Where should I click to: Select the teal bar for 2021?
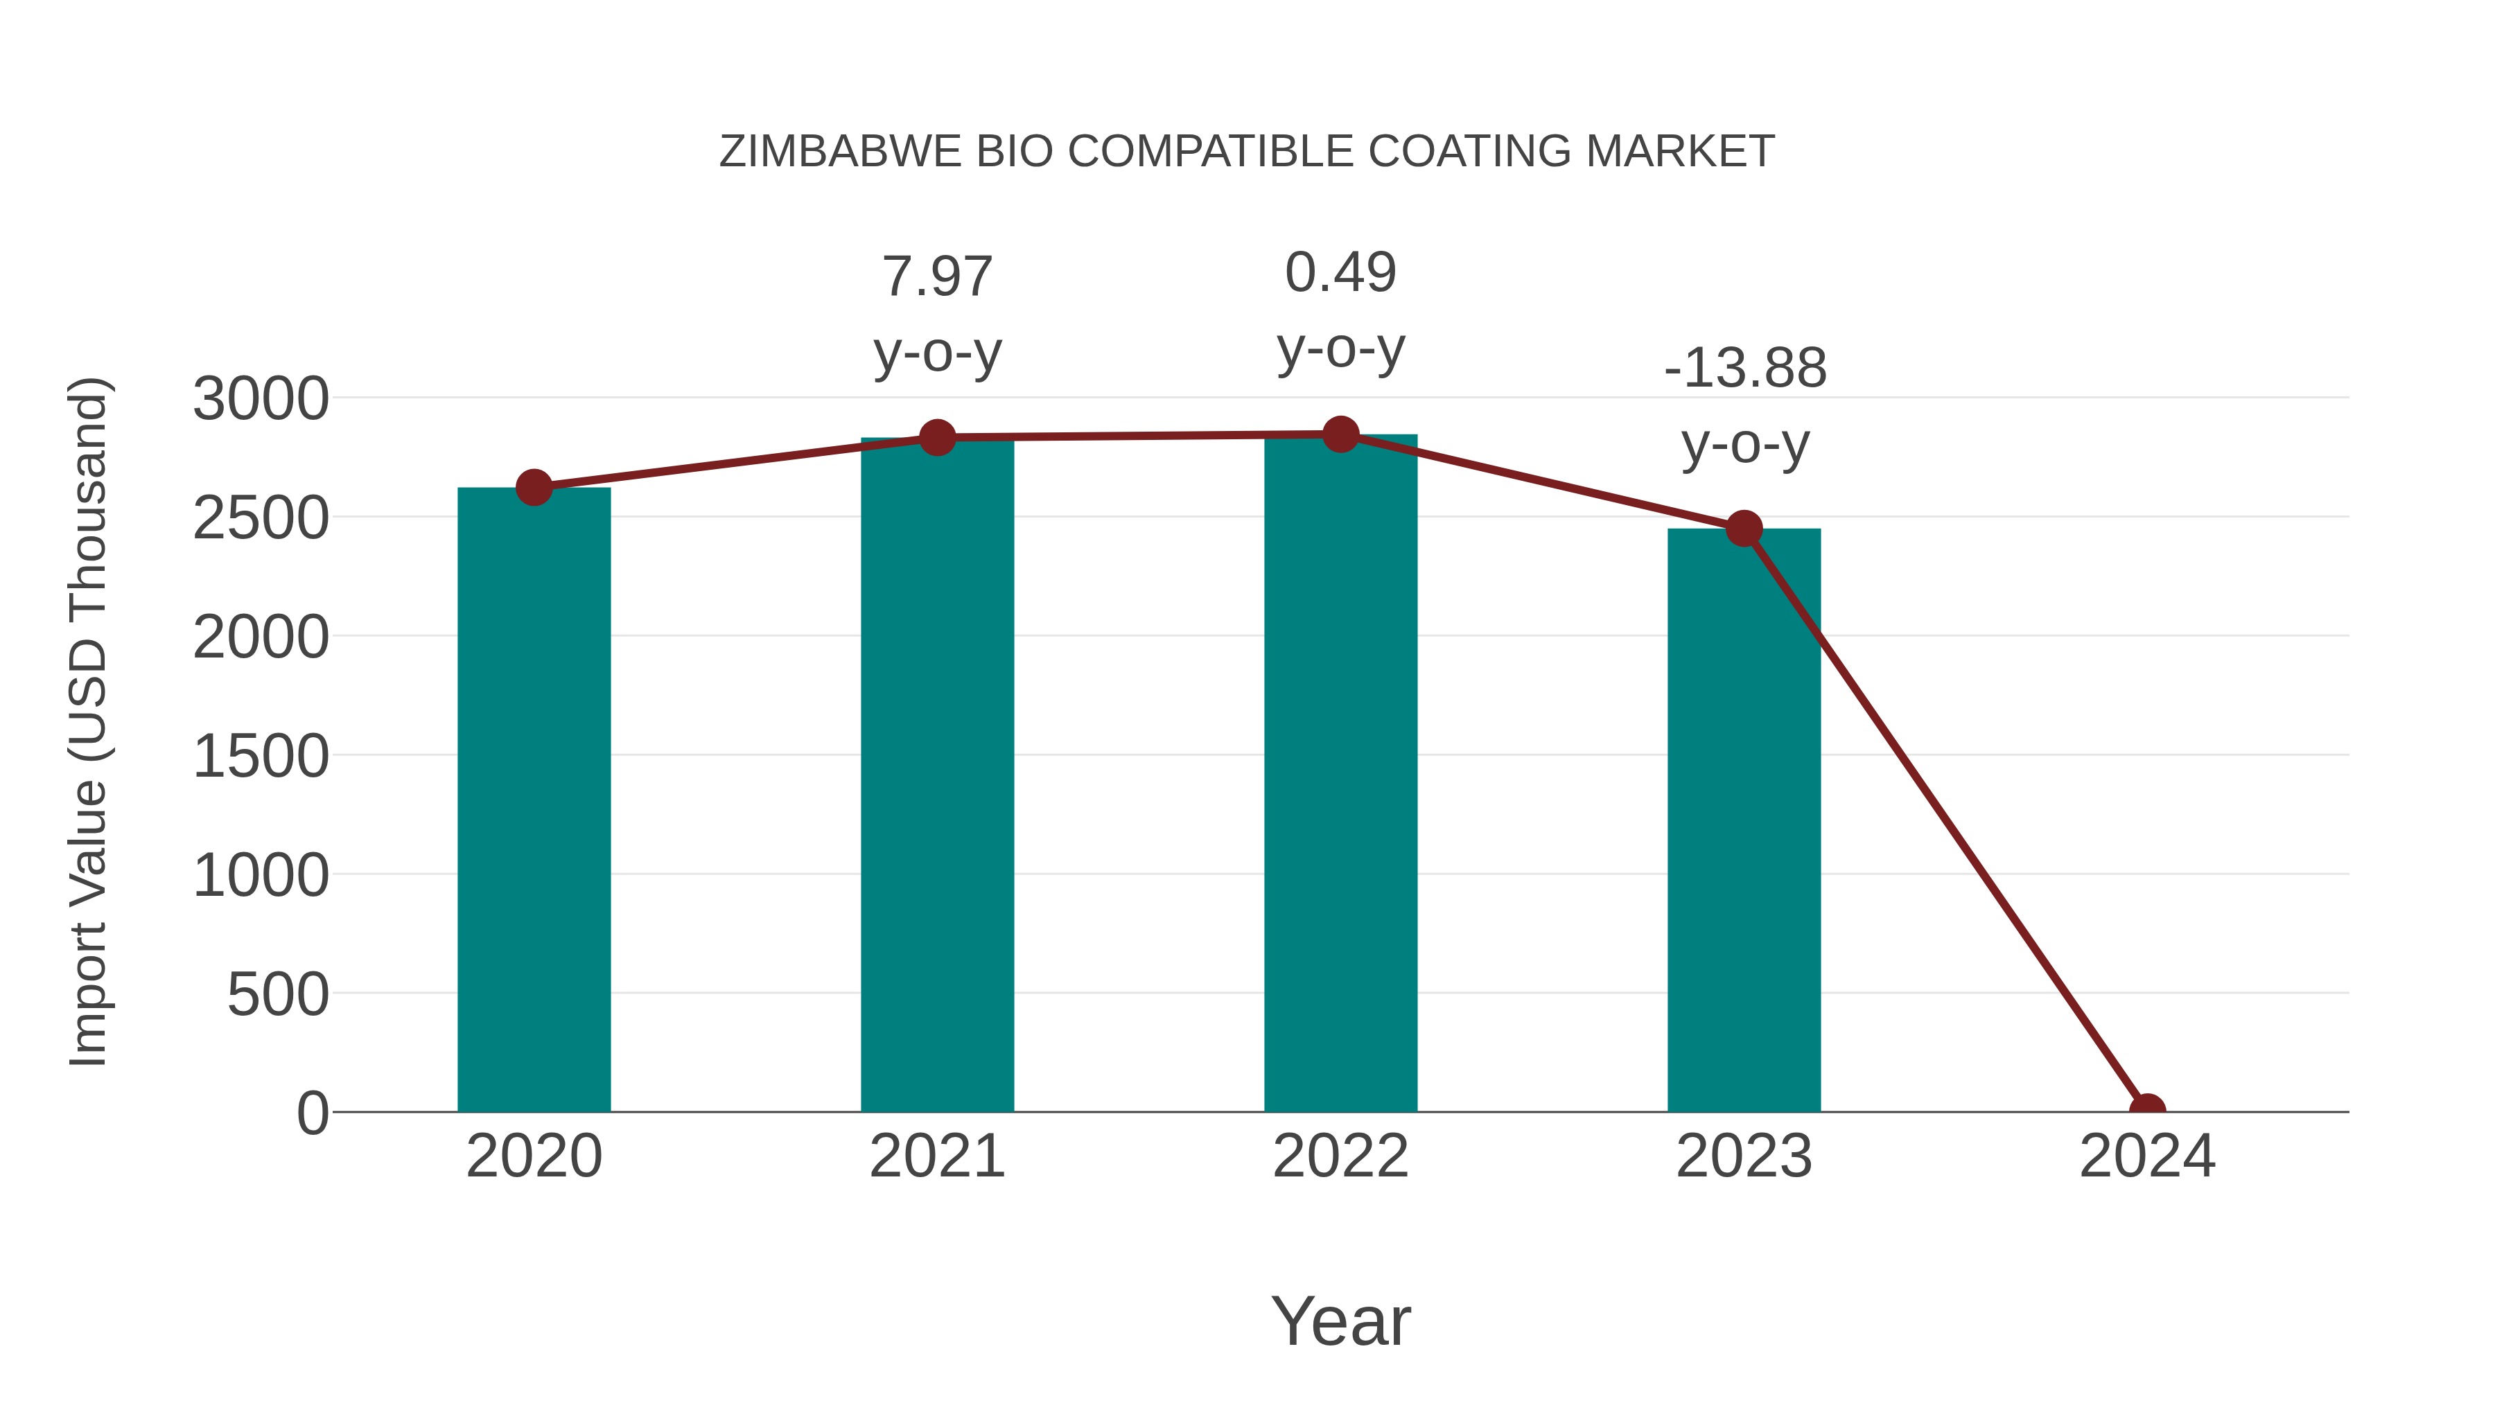[x=936, y=775]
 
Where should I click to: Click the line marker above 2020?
[x=534, y=487]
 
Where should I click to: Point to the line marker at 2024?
[x=2146, y=1110]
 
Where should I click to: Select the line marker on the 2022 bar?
[x=1340, y=434]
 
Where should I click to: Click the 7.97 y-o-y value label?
[x=936, y=277]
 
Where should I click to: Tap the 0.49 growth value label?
[x=1340, y=272]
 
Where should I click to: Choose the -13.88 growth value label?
[x=1744, y=369]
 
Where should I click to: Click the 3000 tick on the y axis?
[x=261, y=399]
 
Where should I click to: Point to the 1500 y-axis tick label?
[x=261, y=756]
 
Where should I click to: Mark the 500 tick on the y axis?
[x=277, y=994]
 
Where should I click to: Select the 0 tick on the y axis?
[x=312, y=1113]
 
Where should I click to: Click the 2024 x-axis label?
[x=2146, y=1156]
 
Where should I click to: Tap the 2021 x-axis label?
[x=936, y=1156]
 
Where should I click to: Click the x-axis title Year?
[x=1340, y=1321]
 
